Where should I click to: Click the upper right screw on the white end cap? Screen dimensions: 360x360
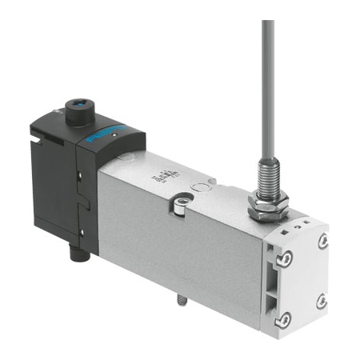tap(323, 241)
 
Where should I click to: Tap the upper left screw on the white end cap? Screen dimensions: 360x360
tap(285, 258)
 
